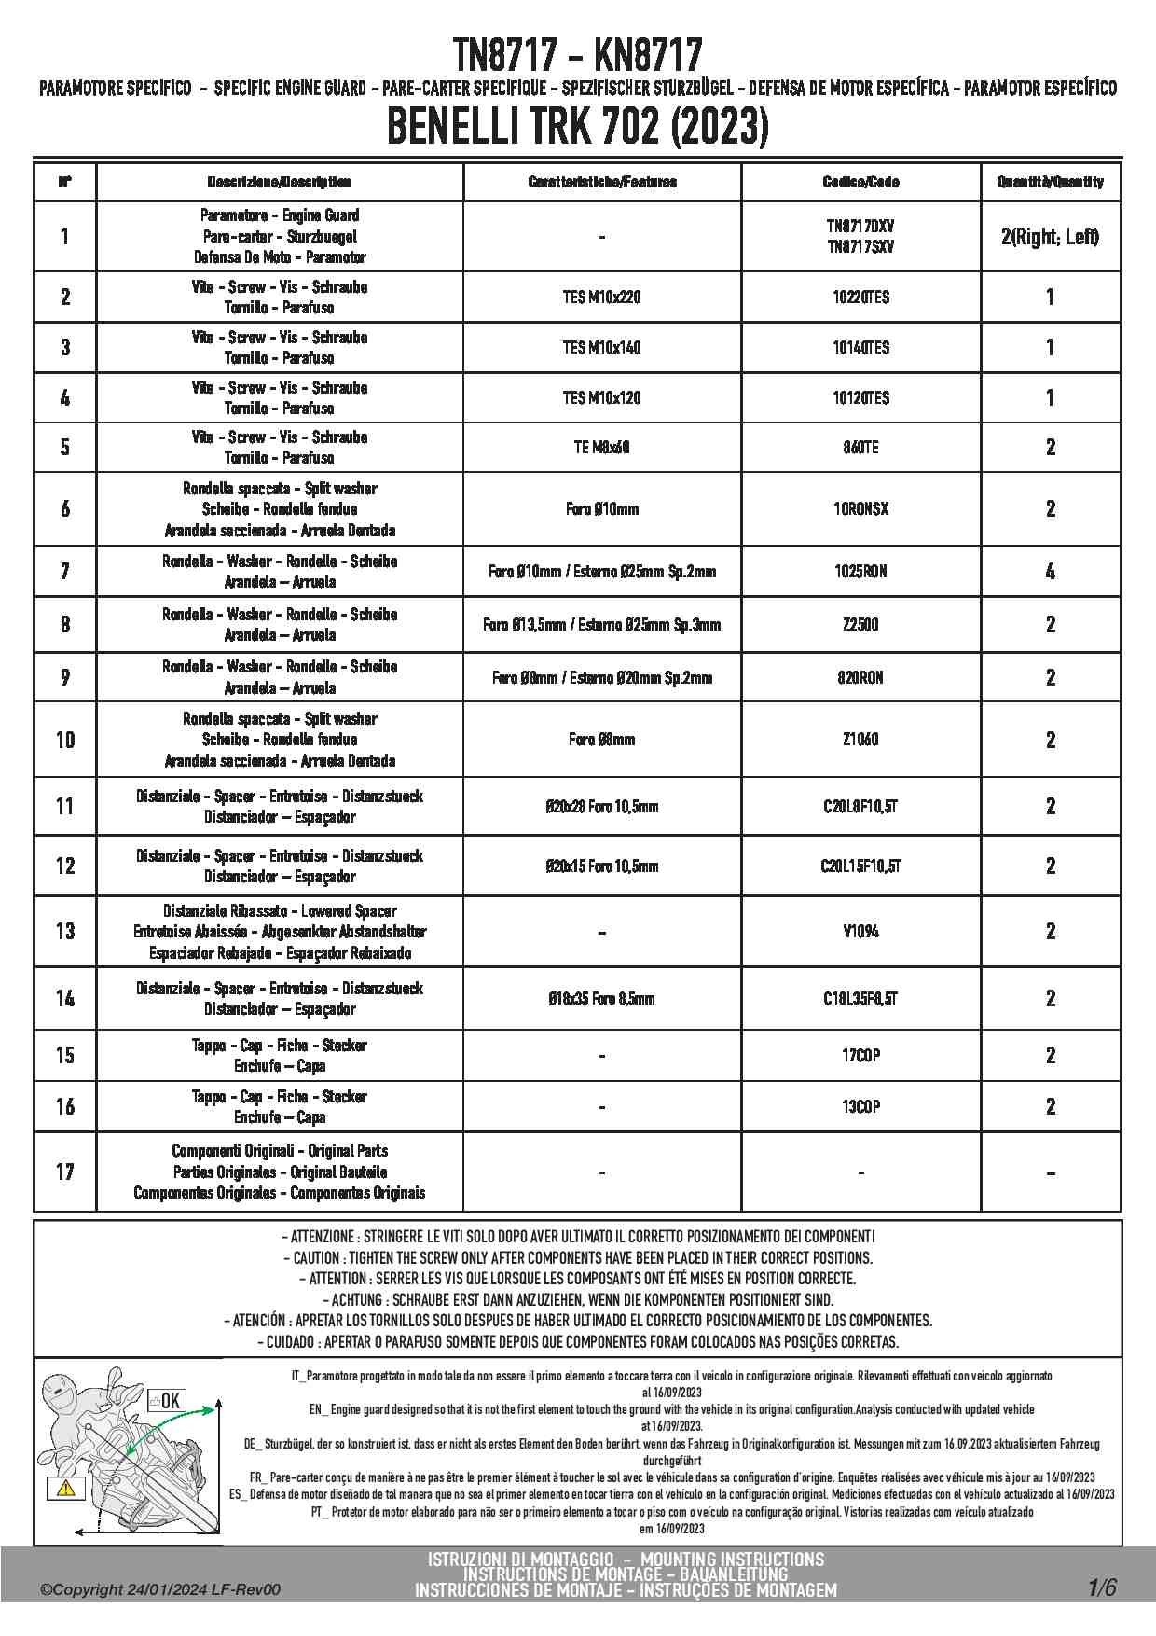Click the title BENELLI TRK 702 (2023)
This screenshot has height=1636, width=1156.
577,128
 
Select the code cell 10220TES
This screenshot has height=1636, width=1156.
860,298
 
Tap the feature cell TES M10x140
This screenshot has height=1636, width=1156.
601,348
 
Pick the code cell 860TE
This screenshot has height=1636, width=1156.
860,448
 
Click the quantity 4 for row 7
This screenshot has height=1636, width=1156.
1050,572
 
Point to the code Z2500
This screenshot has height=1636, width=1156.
860,625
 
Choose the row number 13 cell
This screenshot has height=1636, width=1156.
64,931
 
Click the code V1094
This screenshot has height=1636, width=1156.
860,931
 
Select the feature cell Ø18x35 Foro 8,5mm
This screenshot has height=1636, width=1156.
601,999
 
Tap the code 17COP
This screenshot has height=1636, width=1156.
860,1056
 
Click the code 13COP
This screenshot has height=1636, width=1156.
860,1107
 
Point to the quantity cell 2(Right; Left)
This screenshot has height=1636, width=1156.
1050,237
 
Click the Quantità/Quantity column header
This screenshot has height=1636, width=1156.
1050,182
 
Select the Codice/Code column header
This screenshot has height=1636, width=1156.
860,182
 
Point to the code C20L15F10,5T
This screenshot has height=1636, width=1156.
860,867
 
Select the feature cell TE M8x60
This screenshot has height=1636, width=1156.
601,448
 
